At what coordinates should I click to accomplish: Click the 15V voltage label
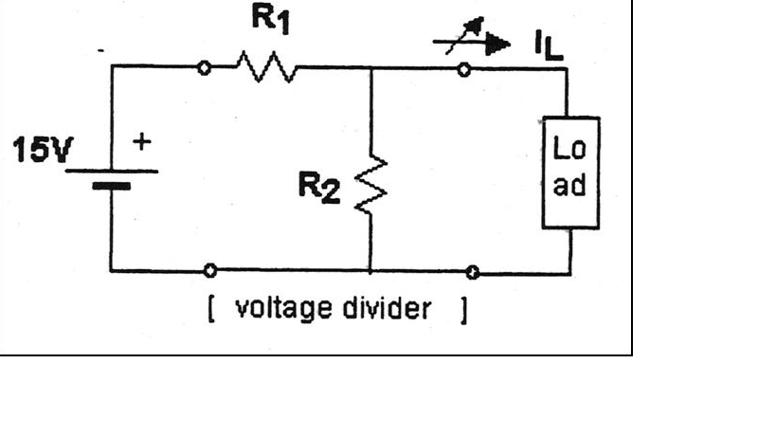(38, 151)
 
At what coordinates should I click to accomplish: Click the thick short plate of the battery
(111, 185)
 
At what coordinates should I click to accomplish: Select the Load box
(569, 173)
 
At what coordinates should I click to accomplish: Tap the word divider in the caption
(388, 310)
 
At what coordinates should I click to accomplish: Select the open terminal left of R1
(203, 68)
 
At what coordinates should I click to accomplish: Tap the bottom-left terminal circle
(210, 271)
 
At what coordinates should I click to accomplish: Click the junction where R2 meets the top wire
(370, 68)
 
